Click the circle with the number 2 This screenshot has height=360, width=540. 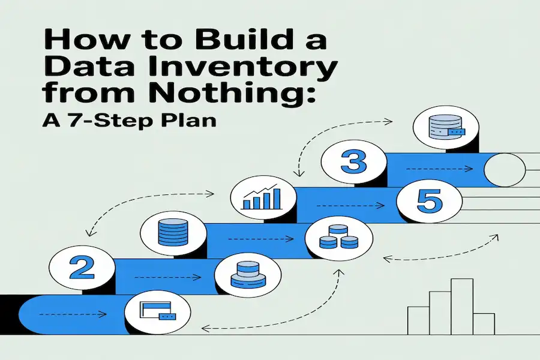(82, 268)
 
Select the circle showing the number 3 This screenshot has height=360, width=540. (353, 161)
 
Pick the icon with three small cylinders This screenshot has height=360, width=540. (338, 236)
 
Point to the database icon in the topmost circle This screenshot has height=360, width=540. (446, 127)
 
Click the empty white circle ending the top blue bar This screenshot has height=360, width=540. (505, 170)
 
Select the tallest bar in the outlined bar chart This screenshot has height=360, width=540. (462, 307)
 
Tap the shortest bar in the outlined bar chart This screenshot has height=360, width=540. (484, 324)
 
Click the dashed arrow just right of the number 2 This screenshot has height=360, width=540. (168, 277)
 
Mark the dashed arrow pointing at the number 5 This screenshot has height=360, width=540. (350, 206)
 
